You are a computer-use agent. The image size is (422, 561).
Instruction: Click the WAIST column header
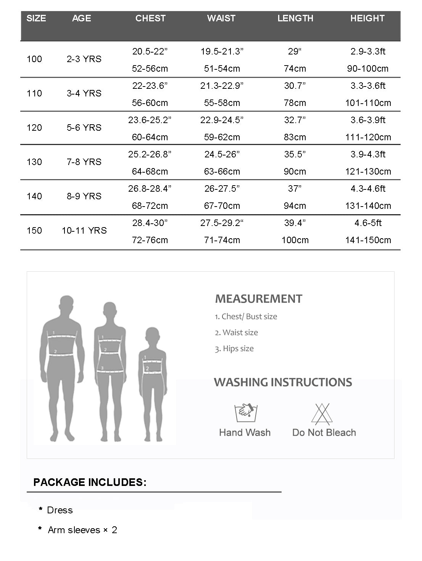click(x=221, y=18)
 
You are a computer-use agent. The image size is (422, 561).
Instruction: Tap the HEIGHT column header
click(x=367, y=18)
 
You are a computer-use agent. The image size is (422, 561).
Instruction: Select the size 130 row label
click(x=34, y=162)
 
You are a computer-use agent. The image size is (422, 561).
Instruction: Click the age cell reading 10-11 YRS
click(x=84, y=231)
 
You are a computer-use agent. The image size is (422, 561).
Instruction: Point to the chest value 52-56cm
click(x=150, y=69)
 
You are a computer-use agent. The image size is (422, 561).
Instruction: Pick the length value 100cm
click(x=295, y=240)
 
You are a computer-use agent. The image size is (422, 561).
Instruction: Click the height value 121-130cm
click(x=368, y=172)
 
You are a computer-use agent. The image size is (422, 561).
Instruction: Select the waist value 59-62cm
click(x=222, y=137)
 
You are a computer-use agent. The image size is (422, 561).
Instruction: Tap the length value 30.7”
click(x=295, y=86)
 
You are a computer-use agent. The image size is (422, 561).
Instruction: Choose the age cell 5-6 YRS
click(x=84, y=128)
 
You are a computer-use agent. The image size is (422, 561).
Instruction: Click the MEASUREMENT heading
click(x=259, y=299)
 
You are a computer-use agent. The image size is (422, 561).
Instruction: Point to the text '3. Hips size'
click(x=234, y=349)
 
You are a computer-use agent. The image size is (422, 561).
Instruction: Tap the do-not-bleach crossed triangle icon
click(x=322, y=414)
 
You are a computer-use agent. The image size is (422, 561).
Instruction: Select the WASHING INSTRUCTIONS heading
click(x=283, y=382)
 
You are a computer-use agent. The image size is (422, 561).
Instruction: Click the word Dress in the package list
click(x=60, y=510)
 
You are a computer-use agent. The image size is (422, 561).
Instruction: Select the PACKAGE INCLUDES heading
click(x=90, y=482)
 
